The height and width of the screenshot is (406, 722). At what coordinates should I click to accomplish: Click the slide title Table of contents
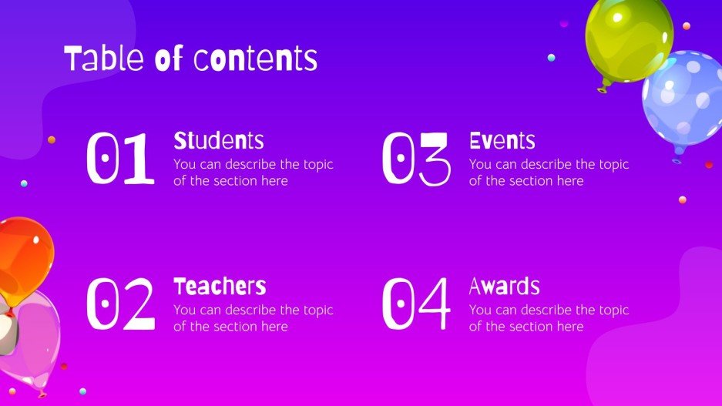(190, 59)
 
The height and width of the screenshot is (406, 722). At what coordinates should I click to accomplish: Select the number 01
(121, 159)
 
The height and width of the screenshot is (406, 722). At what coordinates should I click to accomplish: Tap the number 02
(121, 304)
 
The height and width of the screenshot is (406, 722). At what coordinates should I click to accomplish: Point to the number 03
(416, 159)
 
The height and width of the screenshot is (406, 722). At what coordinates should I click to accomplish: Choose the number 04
(416, 304)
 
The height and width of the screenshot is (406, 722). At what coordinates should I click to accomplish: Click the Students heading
(219, 141)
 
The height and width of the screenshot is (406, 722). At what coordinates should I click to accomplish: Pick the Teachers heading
(220, 287)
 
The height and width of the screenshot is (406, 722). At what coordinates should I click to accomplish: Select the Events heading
(502, 141)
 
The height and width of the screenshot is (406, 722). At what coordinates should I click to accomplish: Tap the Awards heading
(504, 287)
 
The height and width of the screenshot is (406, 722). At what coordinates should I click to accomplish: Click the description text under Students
(253, 173)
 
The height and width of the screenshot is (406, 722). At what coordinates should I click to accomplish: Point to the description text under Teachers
(253, 318)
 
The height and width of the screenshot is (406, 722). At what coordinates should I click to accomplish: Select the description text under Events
(549, 173)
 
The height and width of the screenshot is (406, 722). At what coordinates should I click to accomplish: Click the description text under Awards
(549, 318)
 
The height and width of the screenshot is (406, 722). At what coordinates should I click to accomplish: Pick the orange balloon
(23, 254)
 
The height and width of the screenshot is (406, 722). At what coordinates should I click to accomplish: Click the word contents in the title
(255, 59)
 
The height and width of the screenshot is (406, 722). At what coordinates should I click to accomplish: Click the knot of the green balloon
(602, 89)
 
